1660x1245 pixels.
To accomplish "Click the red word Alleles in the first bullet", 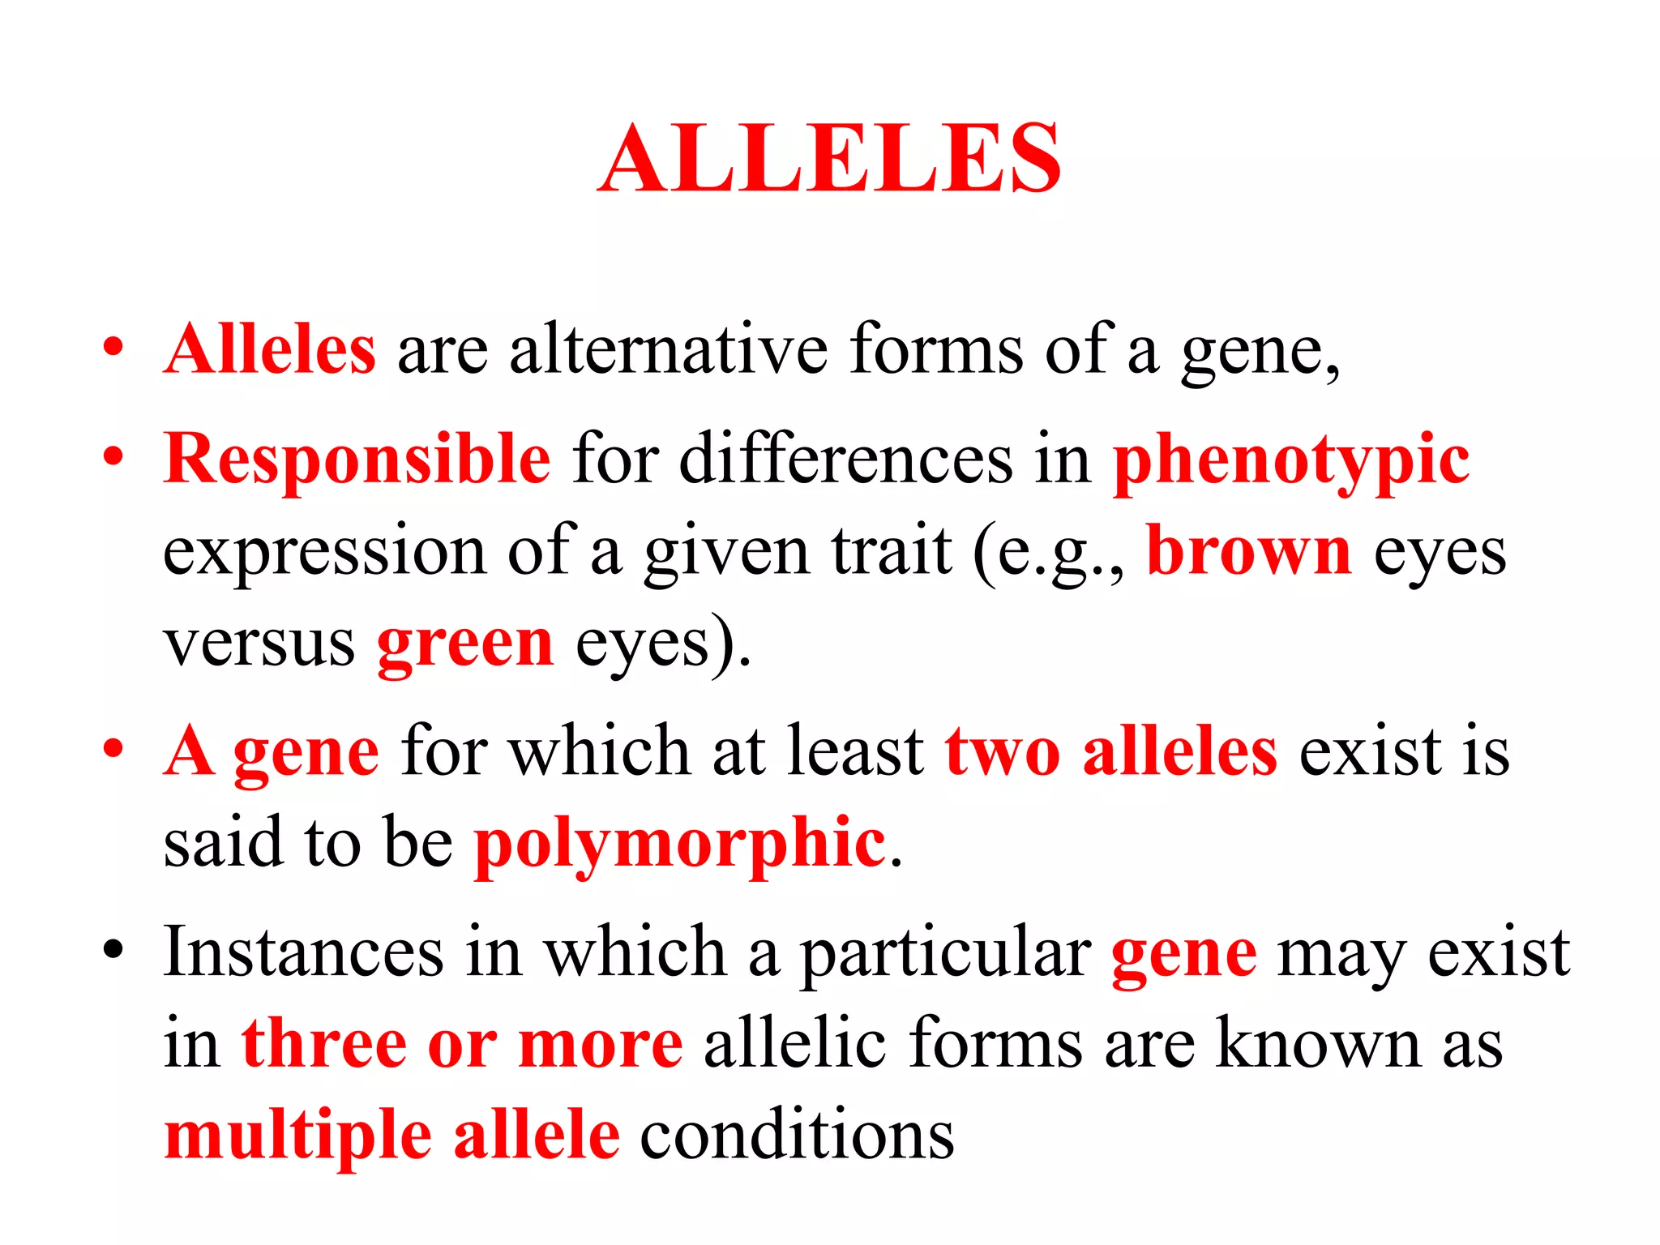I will pos(270,349).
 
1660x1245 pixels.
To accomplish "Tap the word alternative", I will pos(668,349).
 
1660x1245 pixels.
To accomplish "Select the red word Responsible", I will pos(357,459).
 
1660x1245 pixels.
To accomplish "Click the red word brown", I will pos(1249,551).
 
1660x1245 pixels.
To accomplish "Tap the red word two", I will pos(1003,751).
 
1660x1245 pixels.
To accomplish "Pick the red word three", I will pos(323,1043).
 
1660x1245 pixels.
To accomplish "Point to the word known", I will pos(1319,1043).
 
